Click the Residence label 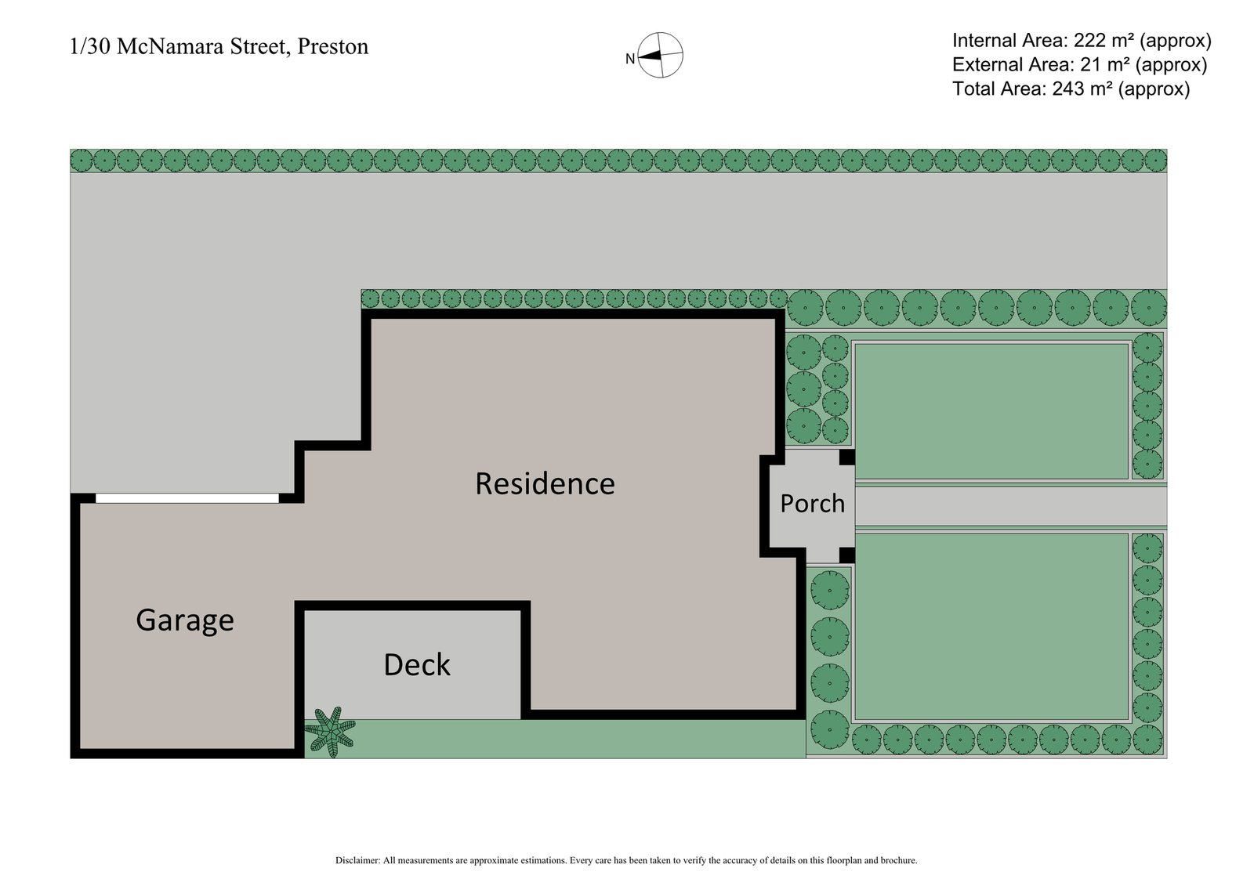[545, 484]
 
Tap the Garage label [185, 620]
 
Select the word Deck [417, 665]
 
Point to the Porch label [812, 503]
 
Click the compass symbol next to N [661, 56]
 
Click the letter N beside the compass [629, 59]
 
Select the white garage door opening [187, 498]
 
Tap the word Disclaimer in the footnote [357, 860]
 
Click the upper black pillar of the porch [847, 457]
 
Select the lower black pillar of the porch [847, 555]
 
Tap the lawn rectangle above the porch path [991, 410]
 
